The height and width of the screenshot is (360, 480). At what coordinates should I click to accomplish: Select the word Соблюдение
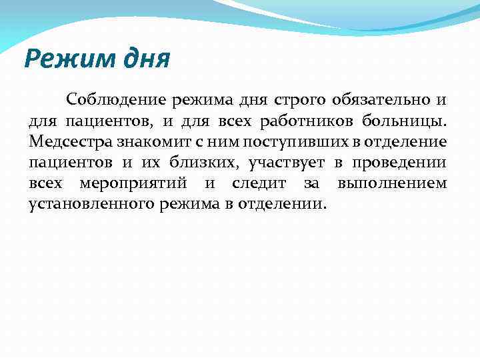pos(116,101)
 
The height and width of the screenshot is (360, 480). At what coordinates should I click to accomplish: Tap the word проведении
pos(399,162)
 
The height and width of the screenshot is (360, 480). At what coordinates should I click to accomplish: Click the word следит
pos(261,183)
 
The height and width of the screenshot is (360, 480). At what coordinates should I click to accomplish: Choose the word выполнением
pos(392,183)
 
